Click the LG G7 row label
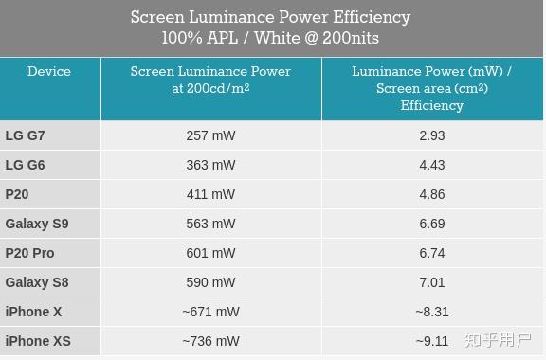25,135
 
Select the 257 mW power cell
210,135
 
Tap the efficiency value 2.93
432,135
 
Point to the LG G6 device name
25,165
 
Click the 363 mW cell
210,165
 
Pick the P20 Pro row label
29,253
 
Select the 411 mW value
210,194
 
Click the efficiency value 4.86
432,194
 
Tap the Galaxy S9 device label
37,224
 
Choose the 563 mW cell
210,224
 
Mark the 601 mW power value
210,253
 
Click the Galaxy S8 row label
37,282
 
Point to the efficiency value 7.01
432,282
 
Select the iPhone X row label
33,312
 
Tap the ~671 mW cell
210,312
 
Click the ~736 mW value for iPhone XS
210,341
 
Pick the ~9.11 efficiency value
432,341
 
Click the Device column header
49,71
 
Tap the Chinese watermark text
498,340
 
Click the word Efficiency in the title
372,17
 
